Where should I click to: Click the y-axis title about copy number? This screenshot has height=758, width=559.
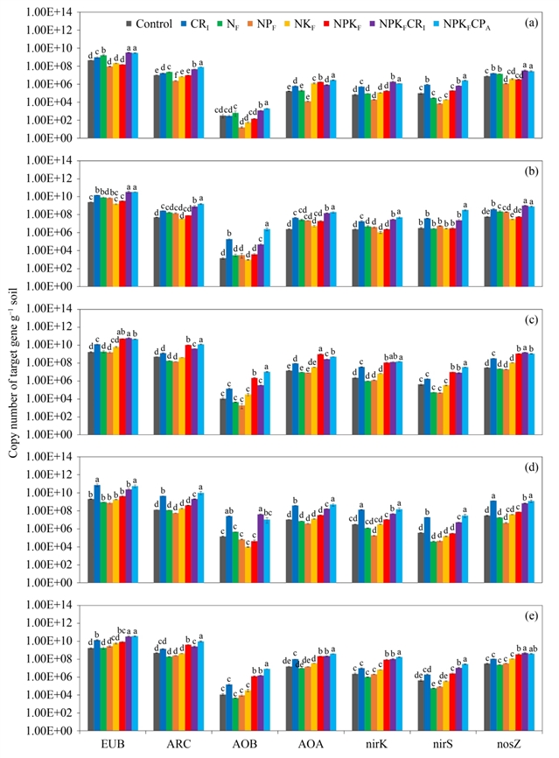tap(13, 376)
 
